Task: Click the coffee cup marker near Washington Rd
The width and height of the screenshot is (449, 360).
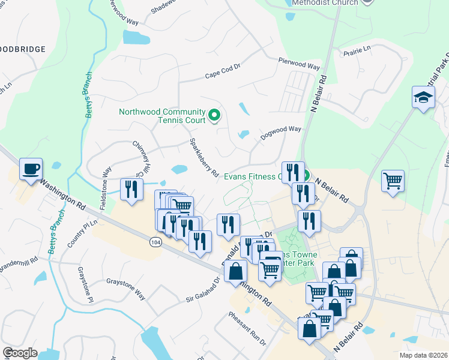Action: click(x=31, y=170)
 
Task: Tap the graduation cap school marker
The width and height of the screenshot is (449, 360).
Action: click(x=423, y=98)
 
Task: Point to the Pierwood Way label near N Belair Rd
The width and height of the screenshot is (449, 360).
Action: click(x=299, y=63)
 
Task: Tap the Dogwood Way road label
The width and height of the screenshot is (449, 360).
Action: click(x=280, y=133)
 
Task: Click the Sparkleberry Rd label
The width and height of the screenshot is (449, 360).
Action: click(x=203, y=157)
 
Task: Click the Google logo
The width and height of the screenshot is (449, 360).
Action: click(x=20, y=353)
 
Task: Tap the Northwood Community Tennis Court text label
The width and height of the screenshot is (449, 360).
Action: click(x=162, y=115)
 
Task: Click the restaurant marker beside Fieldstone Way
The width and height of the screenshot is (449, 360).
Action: click(x=130, y=190)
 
